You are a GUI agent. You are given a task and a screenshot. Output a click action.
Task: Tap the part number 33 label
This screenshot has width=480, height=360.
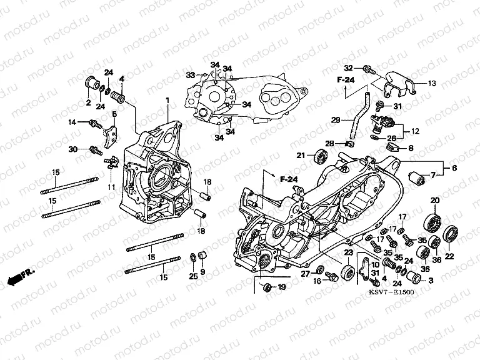click(x=190, y=75)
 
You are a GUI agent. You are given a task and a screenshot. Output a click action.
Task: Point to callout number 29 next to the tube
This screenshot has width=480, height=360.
click(x=334, y=120)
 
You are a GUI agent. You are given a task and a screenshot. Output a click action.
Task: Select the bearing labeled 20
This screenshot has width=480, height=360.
click(x=431, y=222)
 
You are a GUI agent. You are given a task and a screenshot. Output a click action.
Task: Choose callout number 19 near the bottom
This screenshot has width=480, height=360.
click(x=281, y=287)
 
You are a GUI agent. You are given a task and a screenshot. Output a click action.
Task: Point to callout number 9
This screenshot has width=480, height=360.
click(x=202, y=272)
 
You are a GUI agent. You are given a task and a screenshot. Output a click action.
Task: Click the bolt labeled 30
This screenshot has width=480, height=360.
click(x=96, y=149)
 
